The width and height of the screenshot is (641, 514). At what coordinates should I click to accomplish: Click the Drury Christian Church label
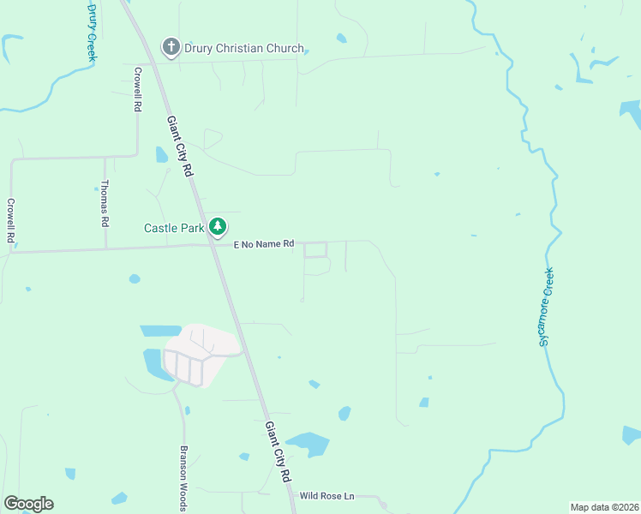pos(244,48)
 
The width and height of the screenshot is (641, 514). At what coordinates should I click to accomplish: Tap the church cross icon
pos(171,47)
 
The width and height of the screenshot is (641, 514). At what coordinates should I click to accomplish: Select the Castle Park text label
pos(174,228)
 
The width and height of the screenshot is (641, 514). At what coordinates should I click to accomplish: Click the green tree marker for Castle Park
pos(219,226)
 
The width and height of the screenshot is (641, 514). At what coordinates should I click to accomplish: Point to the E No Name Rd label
pos(264,244)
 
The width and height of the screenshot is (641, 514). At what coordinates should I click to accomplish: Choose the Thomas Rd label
pos(105,203)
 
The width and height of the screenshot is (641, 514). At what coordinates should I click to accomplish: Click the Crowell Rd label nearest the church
pos(136,88)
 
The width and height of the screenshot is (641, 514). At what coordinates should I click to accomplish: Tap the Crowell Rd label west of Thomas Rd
pos(11,221)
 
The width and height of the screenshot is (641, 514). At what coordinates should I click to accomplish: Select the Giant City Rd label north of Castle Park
pos(180,146)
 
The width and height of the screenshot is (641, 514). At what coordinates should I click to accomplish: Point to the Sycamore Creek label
pos(546,305)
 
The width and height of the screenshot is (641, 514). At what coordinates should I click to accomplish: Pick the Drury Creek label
pos(92,31)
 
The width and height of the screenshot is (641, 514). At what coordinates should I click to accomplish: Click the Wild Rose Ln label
pos(326,496)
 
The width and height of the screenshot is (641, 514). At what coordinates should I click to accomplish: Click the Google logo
pos(28,504)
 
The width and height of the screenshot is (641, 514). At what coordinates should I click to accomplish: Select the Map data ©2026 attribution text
pos(604,507)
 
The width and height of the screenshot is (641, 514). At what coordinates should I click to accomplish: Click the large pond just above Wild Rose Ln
pos(309,444)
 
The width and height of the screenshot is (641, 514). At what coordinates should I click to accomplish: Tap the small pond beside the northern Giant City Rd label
pos(161,154)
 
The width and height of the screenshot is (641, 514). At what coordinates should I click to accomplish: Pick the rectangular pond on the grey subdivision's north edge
pos(160,331)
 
